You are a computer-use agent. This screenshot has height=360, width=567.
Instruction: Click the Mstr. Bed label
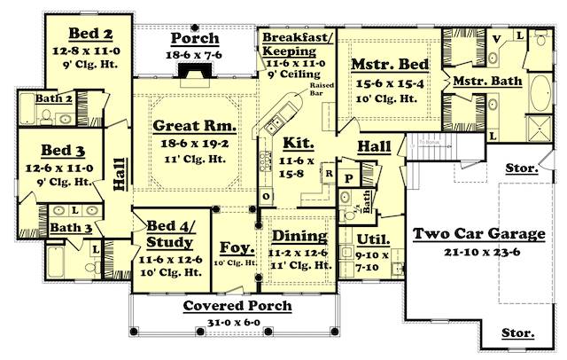(x=390, y=65)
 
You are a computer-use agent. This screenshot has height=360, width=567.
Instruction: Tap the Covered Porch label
(x=237, y=306)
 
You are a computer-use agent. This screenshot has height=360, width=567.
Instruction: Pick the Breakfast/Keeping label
(x=297, y=44)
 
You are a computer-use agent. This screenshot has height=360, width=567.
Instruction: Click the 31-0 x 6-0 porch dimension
(x=237, y=321)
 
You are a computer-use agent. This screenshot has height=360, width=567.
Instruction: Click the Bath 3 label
(x=65, y=228)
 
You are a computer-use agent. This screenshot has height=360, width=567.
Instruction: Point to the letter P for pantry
(x=347, y=176)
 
